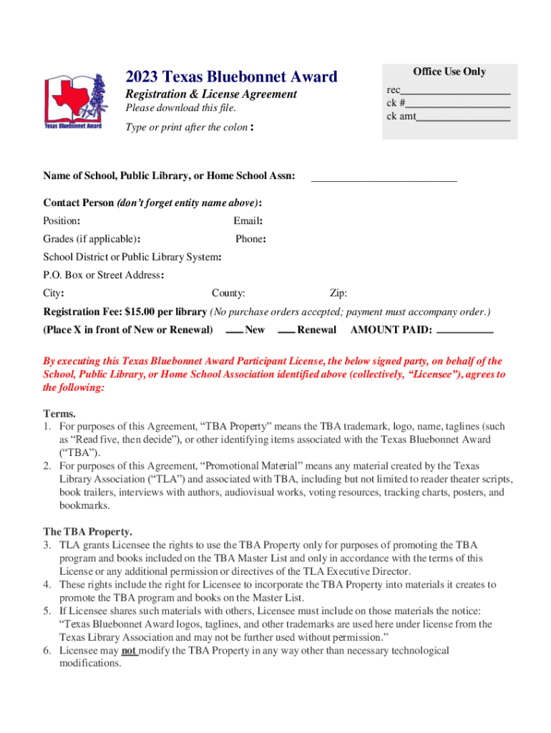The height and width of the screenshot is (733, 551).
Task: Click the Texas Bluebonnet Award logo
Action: click(x=74, y=102)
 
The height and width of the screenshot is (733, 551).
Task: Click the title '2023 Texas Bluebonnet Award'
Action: click(x=231, y=77)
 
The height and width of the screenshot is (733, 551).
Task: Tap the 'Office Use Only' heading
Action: click(x=449, y=72)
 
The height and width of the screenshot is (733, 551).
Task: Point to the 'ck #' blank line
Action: click(x=458, y=104)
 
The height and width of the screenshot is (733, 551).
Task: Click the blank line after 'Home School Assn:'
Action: click(x=384, y=179)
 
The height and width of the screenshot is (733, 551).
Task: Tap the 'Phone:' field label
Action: click(x=250, y=239)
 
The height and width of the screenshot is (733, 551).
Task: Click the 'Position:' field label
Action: click(x=62, y=221)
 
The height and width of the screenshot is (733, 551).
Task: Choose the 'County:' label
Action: click(x=228, y=293)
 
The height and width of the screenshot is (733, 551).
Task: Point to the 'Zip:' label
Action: click(x=338, y=293)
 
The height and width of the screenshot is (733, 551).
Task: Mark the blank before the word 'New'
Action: click(x=234, y=331)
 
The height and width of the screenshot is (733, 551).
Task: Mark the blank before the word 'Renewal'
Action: click(x=286, y=331)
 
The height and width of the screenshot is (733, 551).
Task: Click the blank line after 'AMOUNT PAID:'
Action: click(x=464, y=331)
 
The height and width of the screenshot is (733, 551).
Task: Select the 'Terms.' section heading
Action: click(x=59, y=414)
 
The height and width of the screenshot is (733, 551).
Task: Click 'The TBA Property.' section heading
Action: click(x=87, y=532)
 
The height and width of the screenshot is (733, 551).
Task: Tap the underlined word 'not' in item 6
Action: click(x=129, y=651)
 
